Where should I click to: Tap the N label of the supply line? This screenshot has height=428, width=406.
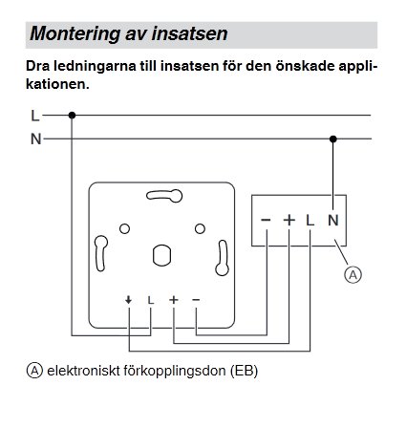pos(35,139)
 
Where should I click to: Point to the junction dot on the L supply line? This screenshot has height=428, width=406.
pos(72,116)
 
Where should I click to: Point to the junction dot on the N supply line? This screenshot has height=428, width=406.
pos(332,139)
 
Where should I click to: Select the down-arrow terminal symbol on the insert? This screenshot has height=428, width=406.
pos(128,301)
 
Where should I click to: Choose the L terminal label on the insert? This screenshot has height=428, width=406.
pos(151,301)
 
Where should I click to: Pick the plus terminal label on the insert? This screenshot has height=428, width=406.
pos(174,301)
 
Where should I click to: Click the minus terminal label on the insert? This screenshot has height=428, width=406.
pos(196,301)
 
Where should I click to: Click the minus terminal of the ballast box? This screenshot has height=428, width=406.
pos(266,220)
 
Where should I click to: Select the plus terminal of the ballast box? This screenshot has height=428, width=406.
pos(288,220)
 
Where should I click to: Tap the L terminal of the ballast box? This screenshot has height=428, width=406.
pos(310,220)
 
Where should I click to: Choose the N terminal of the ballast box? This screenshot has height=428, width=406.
pos(332,220)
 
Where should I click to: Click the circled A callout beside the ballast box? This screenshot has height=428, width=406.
pos(353,275)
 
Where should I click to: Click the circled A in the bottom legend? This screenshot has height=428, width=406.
pos(36,369)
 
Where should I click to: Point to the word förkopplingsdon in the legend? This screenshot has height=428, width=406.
pos(176,370)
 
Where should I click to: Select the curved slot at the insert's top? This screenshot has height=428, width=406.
pos(161,197)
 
